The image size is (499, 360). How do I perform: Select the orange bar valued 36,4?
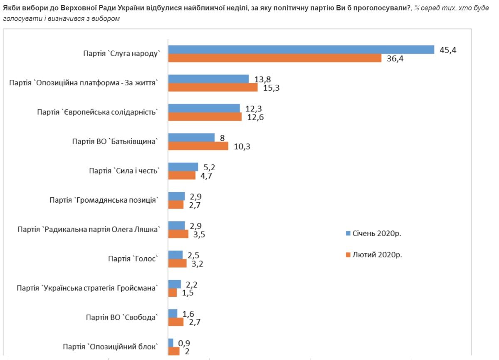(274, 58)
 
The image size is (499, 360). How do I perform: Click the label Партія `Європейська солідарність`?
(98, 112)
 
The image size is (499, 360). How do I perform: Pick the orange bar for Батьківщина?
(198, 146)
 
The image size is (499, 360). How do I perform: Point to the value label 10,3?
(242, 146)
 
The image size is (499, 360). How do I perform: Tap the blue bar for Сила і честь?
(183, 167)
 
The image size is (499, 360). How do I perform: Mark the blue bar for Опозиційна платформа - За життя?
(208, 79)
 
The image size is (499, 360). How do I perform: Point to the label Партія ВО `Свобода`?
(122, 318)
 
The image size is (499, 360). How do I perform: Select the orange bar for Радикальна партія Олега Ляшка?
(178, 234)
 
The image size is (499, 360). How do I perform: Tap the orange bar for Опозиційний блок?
(174, 351)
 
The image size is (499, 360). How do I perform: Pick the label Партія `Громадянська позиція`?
(104, 200)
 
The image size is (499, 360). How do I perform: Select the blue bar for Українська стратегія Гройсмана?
(174, 284)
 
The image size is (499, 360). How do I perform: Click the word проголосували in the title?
(381, 9)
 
